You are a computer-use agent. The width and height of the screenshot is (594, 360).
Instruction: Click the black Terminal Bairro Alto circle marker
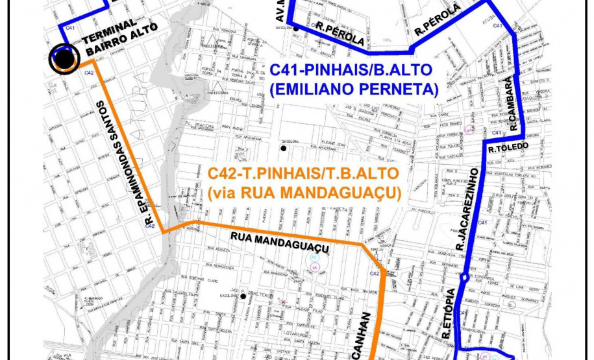pos(64,59)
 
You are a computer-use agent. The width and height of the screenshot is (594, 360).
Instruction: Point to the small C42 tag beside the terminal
pos(89,73)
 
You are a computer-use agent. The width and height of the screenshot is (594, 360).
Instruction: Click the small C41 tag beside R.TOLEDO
pos(497,133)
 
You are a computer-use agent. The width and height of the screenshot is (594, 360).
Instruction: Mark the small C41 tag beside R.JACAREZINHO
pos(482,223)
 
